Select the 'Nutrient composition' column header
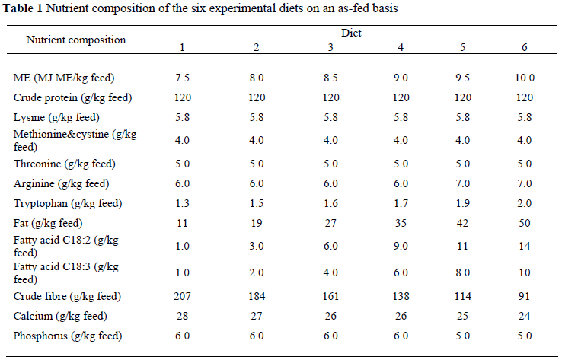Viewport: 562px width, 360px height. pyautogui.click(x=75, y=40)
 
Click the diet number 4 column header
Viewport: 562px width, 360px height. pyautogui.click(x=401, y=48)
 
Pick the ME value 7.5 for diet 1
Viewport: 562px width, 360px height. pyautogui.click(x=182, y=78)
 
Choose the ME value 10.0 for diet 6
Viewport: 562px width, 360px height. pyautogui.click(x=525, y=78)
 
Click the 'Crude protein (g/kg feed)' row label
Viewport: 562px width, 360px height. pyautogui.click(x=73, y=97)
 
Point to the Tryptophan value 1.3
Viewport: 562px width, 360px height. pyautogui.click(x=182, y=203)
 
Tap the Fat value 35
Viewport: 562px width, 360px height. pyautogui.click(x=401, y=223)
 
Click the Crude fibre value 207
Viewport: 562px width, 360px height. pyautogui.click(x=182, y=295)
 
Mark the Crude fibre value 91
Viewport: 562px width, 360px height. pyautogui.click(x=525, y=295)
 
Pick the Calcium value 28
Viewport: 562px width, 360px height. pyautogui.click(x=182, y=316)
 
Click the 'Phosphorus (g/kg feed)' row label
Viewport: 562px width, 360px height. pyautogui.click(x=68, y=336)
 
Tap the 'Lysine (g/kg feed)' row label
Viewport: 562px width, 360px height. pyautogui.click(x=56, y=117)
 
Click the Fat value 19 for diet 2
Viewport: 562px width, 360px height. pyautogui.click(x=257, y=223)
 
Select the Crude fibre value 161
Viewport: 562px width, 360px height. pyautogui.click(x=330, y=295)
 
